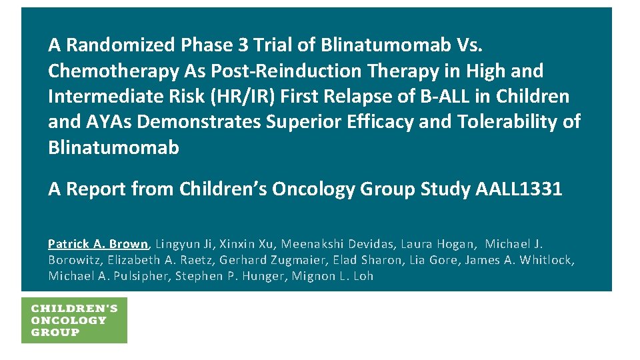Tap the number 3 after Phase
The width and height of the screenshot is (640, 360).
coord(244,45)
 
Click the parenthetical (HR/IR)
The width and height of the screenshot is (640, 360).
coord(245,97)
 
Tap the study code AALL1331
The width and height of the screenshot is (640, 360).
coord(519,189)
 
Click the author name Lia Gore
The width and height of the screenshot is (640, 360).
coord(443,260)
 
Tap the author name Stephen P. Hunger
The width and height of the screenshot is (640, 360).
coord(231,276)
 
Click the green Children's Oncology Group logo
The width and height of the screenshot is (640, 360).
coord(74,321)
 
